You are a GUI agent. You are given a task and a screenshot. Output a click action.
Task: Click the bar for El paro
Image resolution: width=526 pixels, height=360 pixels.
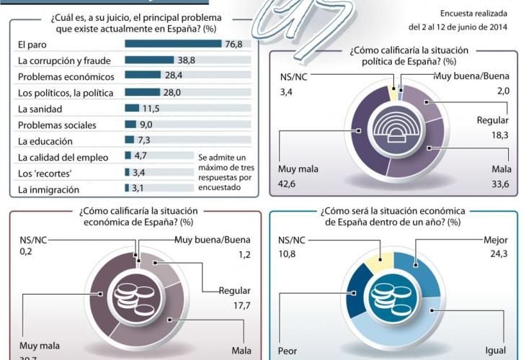pyautogui.click(x=173, y=44)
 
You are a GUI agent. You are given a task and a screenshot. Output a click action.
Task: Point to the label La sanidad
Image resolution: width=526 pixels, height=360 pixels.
pyautogui.click(x=40, y=109)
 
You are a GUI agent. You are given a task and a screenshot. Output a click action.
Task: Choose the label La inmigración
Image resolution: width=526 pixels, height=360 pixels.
pyautogui.click(x=48, y=189)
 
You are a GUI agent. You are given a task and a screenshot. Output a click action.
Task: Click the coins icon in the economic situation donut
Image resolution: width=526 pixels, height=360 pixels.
pyautogui.click(x=132, y=297)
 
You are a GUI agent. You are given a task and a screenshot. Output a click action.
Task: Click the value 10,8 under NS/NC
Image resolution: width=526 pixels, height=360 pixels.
pyautogui.click(x=288, y=254)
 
